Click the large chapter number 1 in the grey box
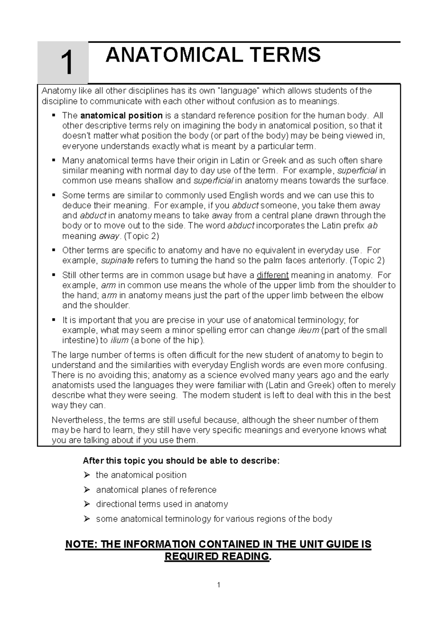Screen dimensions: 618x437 [67, 63]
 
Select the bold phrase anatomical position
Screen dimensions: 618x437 [121, 116]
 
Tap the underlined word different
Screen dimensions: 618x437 [272, 275]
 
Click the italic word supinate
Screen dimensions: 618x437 [117, 261]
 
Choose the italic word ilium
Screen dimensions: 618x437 [119, 340]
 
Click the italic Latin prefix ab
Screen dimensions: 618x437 [373, 226]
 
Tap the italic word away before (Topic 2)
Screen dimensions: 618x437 [109, 236]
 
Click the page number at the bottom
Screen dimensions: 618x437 [219, 585]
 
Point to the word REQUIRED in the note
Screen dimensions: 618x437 [191, 556]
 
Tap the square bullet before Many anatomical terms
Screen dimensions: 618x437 [54, 160]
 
